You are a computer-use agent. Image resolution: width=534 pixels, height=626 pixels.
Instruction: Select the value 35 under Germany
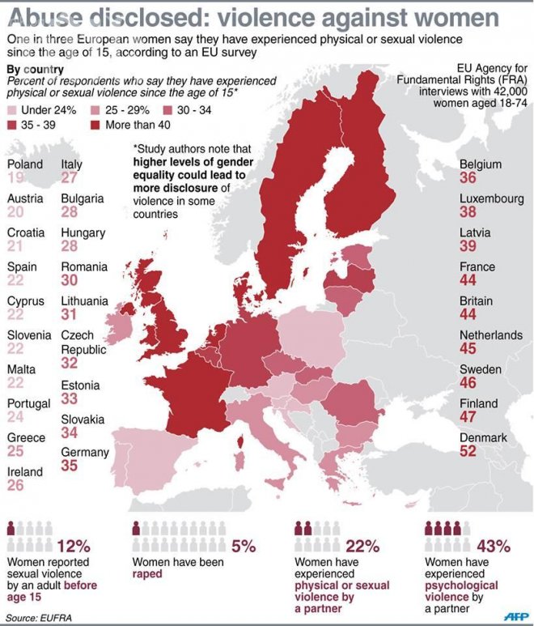click(x=70, y=465)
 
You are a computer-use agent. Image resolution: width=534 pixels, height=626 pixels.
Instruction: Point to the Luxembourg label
click(x=489, y=198)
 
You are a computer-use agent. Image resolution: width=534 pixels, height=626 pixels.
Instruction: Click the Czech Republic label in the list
click(x=83, y=342)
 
